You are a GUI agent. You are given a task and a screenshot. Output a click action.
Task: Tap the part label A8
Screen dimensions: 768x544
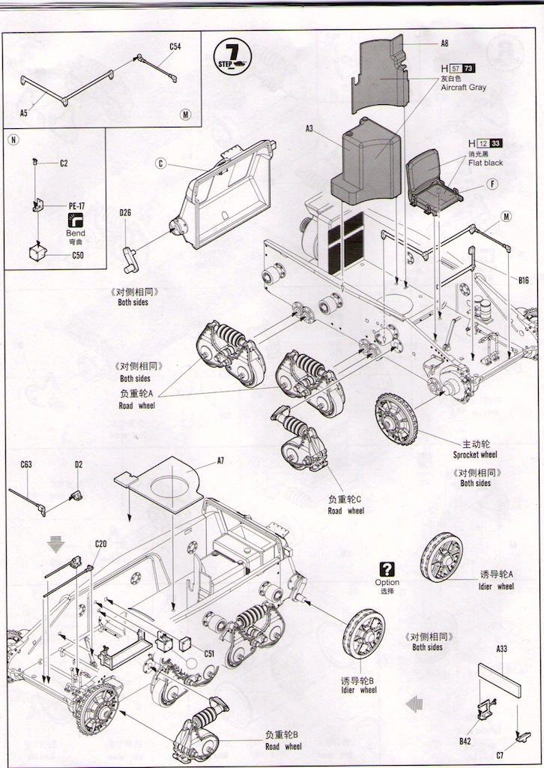click(x=444, y=44)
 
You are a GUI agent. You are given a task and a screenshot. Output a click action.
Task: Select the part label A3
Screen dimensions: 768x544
click(x=309, y=129)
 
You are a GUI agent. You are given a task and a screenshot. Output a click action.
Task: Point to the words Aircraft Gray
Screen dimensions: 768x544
click(x=463, y=88)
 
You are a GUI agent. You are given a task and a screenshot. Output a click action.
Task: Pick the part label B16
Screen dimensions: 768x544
click(x=523, y=280)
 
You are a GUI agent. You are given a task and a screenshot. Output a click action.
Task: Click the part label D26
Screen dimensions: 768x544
click(x=125, y=212)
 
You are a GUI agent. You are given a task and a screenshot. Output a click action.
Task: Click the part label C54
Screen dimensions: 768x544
click(x=175, y=46)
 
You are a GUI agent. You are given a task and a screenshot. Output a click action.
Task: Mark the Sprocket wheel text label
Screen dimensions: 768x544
click(x=475, y=454)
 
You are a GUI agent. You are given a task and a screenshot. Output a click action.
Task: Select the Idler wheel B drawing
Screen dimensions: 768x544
click(x=364, y=634)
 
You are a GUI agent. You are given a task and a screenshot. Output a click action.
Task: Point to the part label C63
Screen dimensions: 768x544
click(x=25, y=464)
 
